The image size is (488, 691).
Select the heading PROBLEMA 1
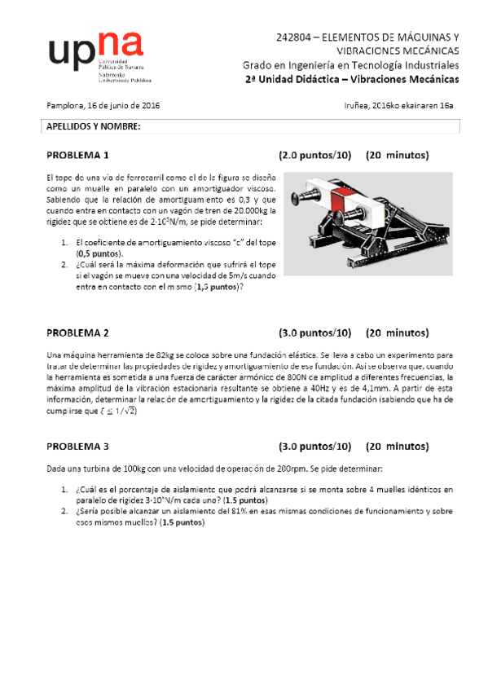click(77, 155)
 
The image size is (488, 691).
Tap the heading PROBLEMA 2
click(77, 332)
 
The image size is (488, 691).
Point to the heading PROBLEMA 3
click(77, 447)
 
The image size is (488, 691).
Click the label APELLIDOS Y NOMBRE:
click(93, 127)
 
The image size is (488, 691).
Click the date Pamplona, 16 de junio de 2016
click(102, 106)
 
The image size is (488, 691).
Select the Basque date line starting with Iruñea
click(399, 106)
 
